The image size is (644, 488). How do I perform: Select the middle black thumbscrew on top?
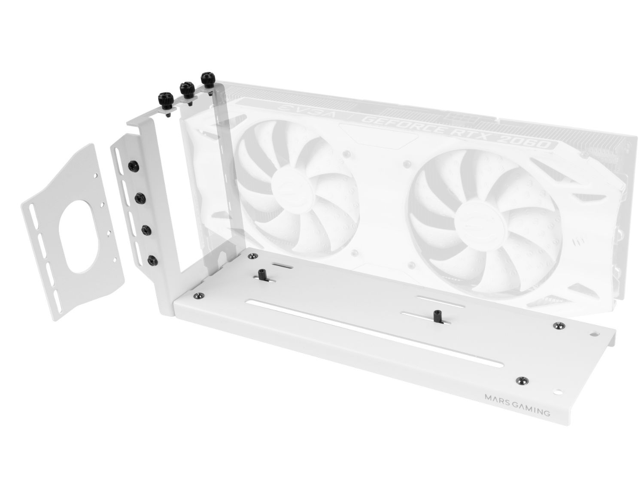point(185,89)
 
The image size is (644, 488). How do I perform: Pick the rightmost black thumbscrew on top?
point(207,80)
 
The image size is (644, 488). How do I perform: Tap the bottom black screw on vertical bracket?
point(151,260)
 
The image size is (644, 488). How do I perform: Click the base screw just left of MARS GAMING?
point(521,379)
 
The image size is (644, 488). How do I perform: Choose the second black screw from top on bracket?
point(140,198)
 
